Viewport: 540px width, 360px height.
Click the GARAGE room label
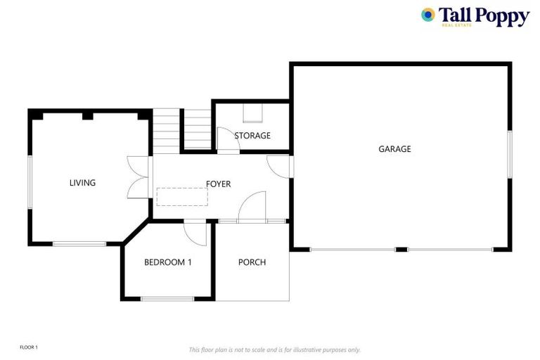click(x=394, y=149)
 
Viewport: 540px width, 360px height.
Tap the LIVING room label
click(x=82, y=183)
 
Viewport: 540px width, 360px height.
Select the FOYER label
click(x=218, y=184)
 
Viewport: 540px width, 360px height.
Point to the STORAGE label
click(x=252, y=136)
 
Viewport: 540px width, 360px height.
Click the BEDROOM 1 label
click(x=168, y=262)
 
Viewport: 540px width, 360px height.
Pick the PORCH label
click(x=252, y=262)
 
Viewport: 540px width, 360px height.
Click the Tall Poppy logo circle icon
click(x=427, y=14)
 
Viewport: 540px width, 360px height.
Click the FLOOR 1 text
click(x=29, y=347)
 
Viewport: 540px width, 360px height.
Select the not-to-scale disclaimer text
click(x=274, y=349)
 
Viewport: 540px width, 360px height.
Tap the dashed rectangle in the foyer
click(x=182, y=196)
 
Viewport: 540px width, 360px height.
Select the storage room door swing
click(x=228, y=139)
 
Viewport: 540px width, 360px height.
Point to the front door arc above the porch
click(x=252, y=208)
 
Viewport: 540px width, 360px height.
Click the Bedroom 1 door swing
click(x=194, y=233)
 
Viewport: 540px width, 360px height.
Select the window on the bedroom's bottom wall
click(x=167, y=299)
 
